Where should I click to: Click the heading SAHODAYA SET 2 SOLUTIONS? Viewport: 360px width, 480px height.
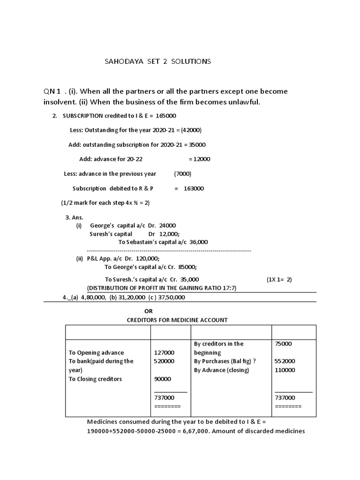tap(157, 61)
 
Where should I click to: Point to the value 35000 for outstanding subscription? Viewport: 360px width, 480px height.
tap(195, 145)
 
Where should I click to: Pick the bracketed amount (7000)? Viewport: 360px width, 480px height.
tap(182, 173)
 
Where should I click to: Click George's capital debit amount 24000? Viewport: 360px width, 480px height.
tap(168, 225)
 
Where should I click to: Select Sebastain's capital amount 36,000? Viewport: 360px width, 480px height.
tap(198, 242)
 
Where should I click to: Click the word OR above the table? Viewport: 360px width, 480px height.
tap(148, 311)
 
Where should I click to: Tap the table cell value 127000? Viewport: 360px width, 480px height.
tap(164, 352)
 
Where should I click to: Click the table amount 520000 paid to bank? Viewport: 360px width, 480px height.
tap(164, 361)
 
